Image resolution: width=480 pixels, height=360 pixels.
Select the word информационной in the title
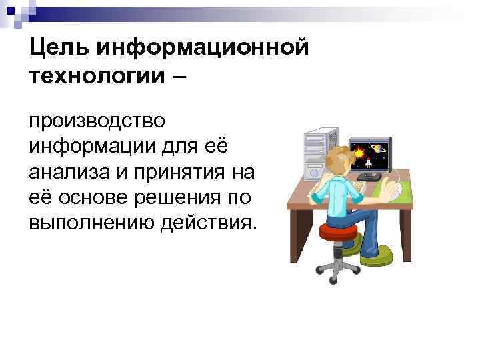pos(203,48)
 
